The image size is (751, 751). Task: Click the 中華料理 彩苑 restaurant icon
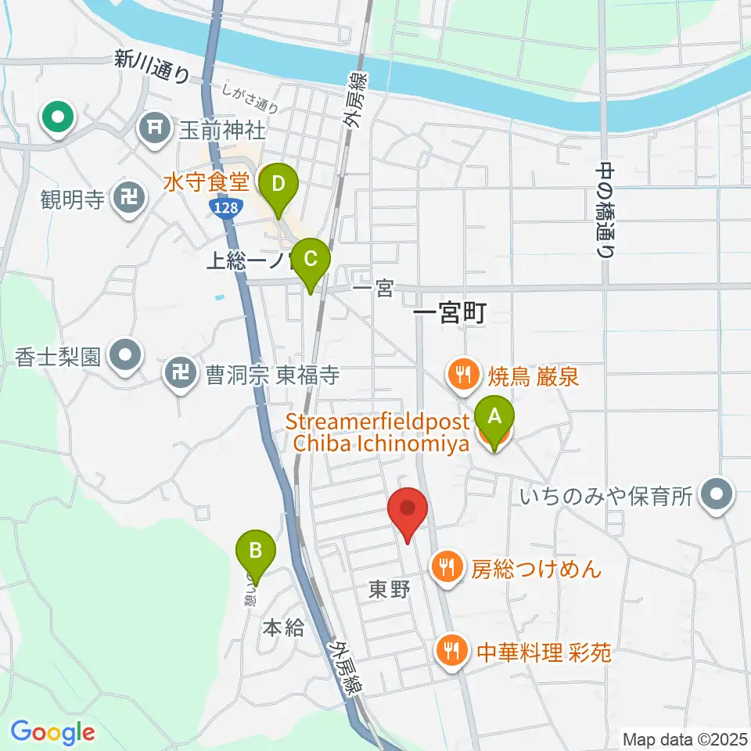[x=450, y=651]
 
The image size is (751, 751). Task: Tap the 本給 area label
[x=282, y=627]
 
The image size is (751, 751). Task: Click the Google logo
[x=52, y=732]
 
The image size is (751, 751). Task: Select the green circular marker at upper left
[x=58, y=119]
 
